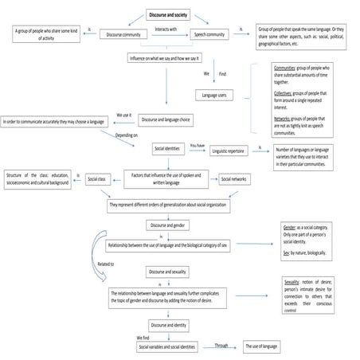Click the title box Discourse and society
coord(169,15)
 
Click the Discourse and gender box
coord(168,225)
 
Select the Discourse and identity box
coord(168,325)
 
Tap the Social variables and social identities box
coord(167,347)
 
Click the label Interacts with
coord(166,29)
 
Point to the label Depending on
coord(127,136)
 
